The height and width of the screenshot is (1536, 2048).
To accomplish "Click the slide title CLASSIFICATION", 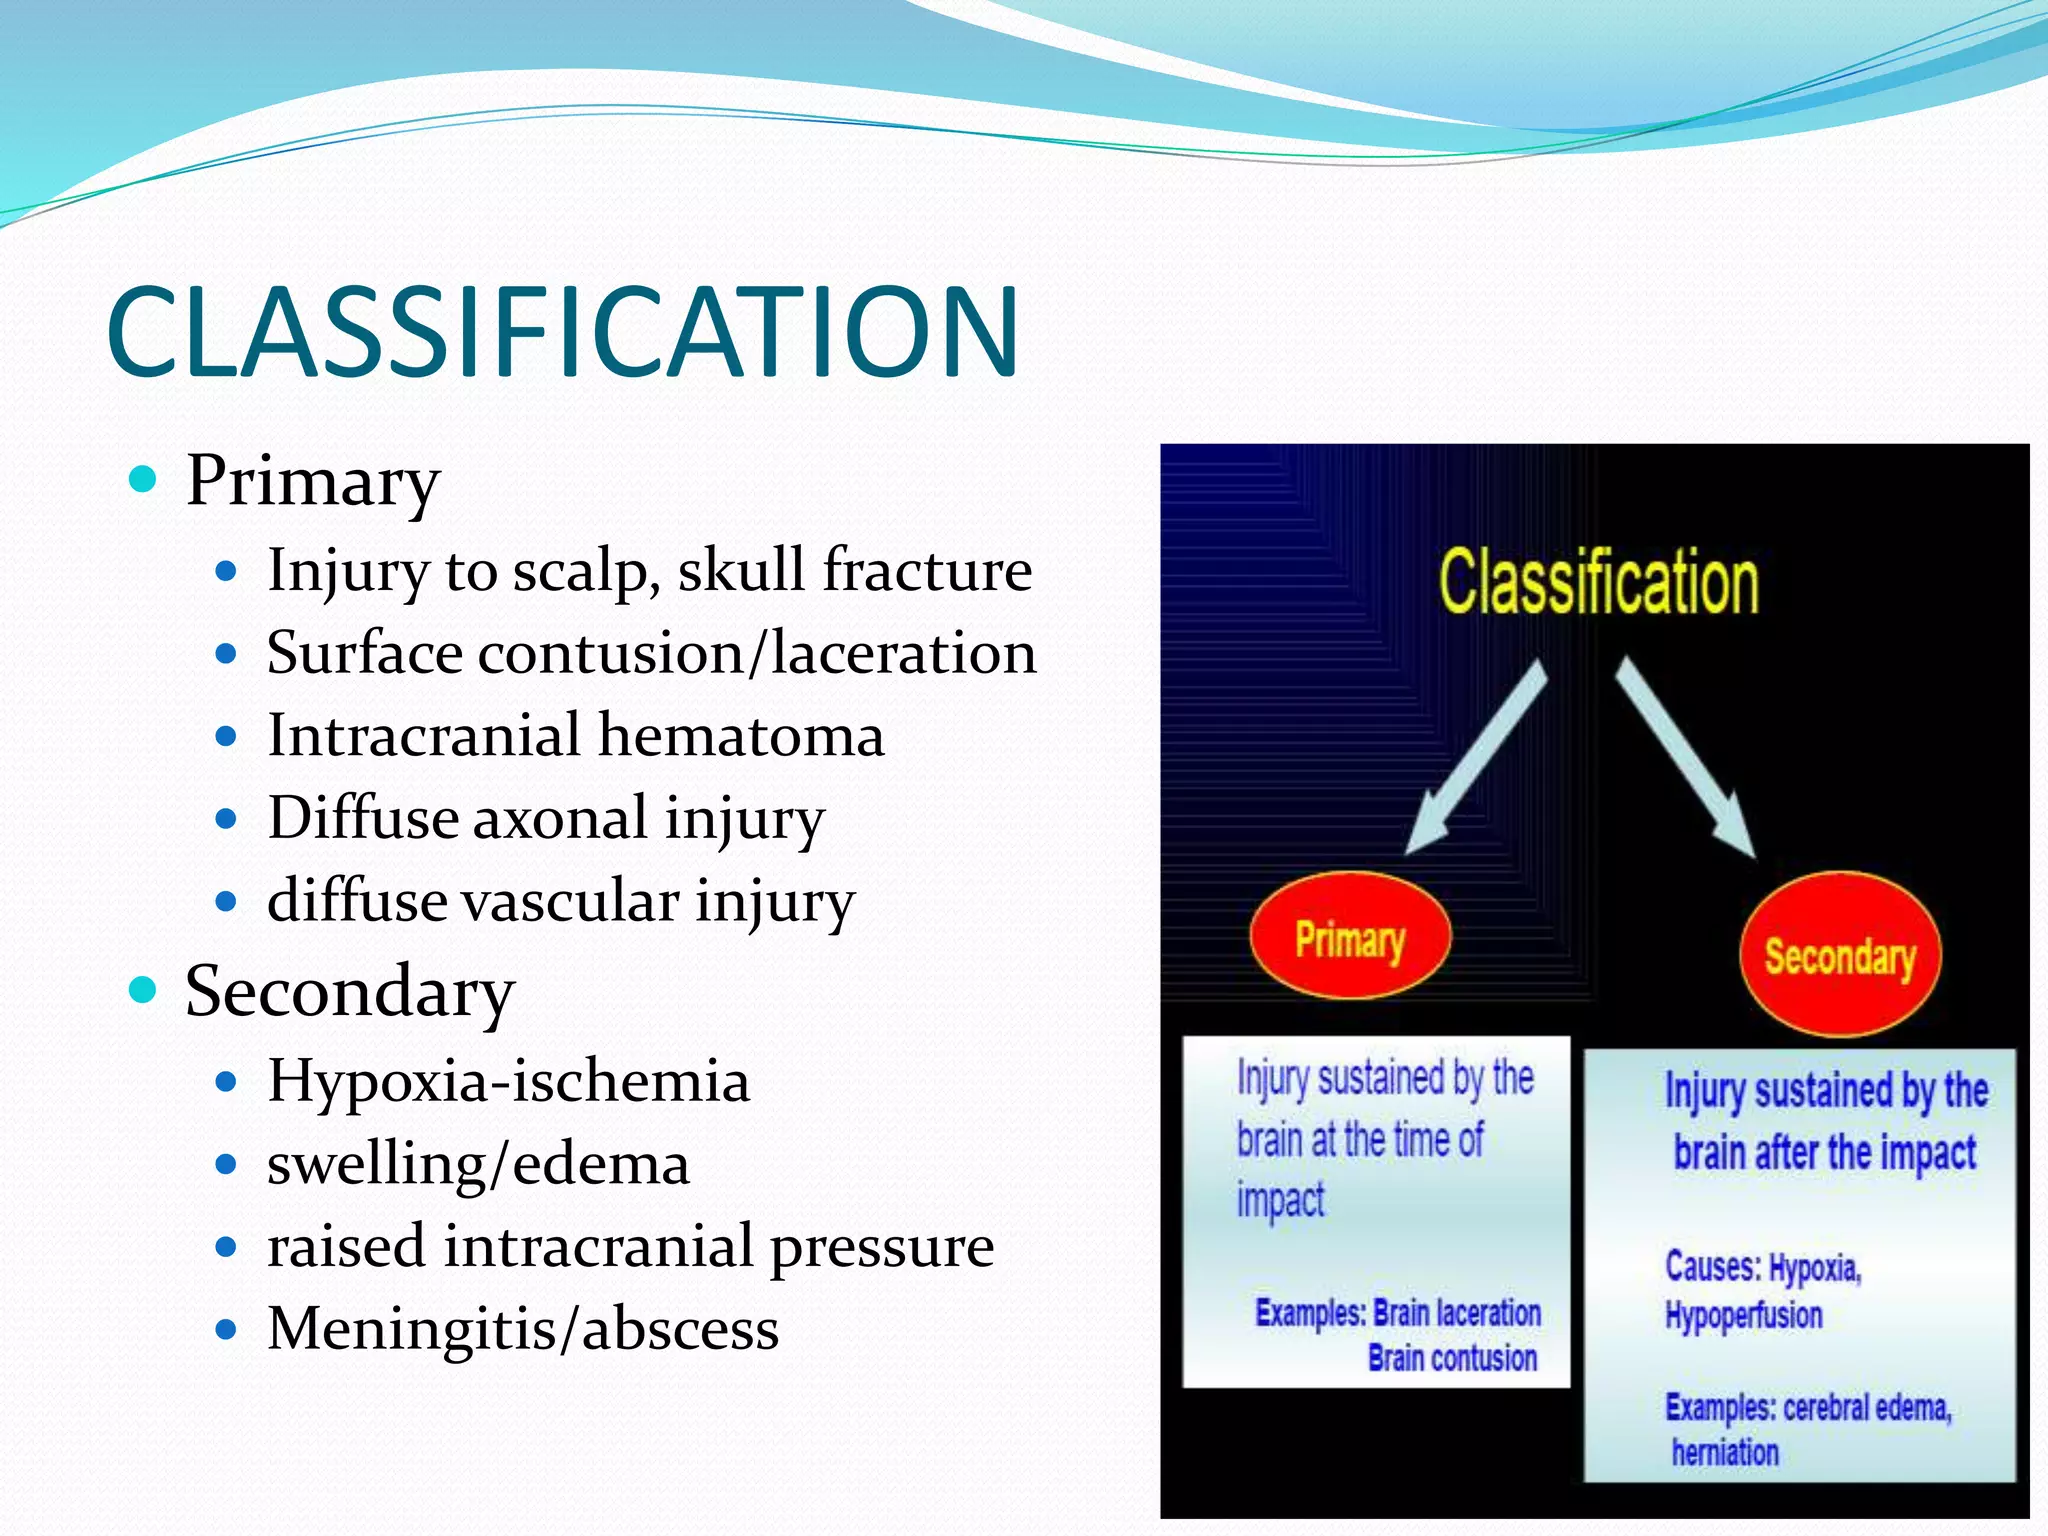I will [x=562, y=332].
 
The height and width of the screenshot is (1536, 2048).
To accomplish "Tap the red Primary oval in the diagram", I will [x=1350, y=936].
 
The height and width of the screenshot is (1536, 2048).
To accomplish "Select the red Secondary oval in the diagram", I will [x=1840, y=955].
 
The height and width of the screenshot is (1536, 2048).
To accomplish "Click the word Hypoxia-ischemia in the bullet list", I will [x=508, y=1081].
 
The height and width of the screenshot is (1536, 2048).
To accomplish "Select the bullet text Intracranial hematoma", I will [x=575, y=735].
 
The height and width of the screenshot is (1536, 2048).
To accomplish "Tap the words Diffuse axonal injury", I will [x=546, y=818].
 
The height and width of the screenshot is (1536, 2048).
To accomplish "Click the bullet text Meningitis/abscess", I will [x=522, y=1329].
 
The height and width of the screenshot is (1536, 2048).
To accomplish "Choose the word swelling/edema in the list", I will [x=478, y=1164].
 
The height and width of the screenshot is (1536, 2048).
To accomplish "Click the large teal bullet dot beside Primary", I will [x=144, y=479].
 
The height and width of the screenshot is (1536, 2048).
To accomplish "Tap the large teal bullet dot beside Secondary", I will [x=144, y=990].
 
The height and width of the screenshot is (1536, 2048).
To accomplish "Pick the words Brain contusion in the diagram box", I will [x=1452, y=1358].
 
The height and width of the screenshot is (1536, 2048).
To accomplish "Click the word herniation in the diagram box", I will [x=1725, y=1452].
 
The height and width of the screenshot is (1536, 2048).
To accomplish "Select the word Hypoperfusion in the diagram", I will [x=1743, y=1315].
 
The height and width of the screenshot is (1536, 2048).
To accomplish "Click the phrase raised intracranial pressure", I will [x=630, y=1247].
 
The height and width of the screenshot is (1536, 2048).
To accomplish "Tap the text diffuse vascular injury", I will [x=560, y=900].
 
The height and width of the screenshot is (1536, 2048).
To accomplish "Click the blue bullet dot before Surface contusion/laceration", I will [x=226, y=655].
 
